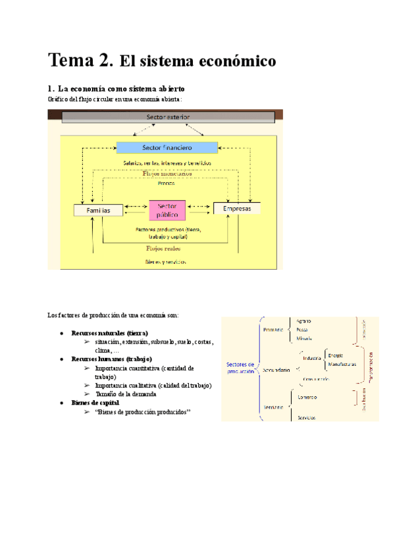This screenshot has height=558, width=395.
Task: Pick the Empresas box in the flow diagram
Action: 237,209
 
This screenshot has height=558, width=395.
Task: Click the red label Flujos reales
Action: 164,249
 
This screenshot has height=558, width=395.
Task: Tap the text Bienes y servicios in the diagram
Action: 166,261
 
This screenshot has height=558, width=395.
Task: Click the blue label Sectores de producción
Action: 240,368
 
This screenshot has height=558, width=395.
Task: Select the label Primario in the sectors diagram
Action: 273,329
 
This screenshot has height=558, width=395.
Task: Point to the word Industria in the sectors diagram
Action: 312,358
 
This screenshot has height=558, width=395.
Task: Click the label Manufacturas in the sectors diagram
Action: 342,363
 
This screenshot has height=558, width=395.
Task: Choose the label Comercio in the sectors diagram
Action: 308,397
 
